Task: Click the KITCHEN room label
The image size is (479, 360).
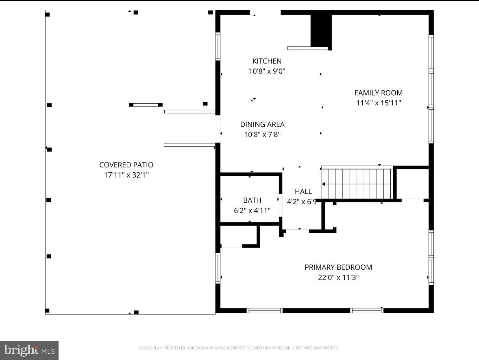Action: [x=267, y=61]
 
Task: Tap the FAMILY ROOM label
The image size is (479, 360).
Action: [x=379, y=93]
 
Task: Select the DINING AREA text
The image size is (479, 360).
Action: [x=262, y=124]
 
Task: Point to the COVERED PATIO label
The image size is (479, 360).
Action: [x=126, y=165]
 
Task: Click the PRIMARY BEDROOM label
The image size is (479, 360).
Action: [x=338, y=267]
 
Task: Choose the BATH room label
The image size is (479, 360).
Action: [x=252, y=200]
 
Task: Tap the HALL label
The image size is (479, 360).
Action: [x=303, y=191]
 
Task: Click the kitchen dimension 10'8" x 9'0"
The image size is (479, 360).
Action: [x=267, y=71]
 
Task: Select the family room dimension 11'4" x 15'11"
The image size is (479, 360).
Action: [x=379, y=103]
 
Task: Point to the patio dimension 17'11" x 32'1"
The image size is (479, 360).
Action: [x=126, y=175]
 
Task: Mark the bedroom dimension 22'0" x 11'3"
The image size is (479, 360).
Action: [x=338, y=278]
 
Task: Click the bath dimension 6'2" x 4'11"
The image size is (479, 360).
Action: [x=252, y=210]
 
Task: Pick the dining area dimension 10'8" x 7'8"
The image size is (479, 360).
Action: [x=262, y=134]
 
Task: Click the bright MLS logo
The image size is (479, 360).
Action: [x=29, y=350]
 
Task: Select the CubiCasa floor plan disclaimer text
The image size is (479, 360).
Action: [x=239, y=348]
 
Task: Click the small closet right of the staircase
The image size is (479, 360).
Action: [x=412, y=183]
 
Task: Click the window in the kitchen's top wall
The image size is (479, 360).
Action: [x=265, y=13]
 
